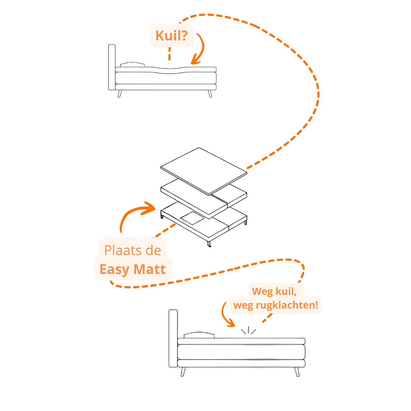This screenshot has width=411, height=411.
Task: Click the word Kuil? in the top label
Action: click(172, 35)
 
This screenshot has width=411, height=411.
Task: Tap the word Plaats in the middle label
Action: click(123, 250)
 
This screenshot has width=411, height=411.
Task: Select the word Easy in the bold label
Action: click(115, 270)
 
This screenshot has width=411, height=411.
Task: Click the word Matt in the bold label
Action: click(150, 269)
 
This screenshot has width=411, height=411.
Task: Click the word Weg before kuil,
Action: click(262, 291)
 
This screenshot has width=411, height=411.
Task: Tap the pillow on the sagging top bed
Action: click(133, 64)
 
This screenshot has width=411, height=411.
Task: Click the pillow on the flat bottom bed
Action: click(199, 335)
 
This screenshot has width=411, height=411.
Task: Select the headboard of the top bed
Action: click(112, 67)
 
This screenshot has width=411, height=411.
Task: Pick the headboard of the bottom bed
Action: click(173, 339)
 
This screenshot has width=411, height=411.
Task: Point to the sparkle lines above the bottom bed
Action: click(248, 331)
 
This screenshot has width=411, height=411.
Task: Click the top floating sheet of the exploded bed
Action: click(204, 171)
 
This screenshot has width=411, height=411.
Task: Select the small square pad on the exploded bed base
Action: click(192, 218)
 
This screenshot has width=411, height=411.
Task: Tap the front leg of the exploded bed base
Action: click(209, 244)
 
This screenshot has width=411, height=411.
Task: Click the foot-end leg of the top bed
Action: click(210, 94)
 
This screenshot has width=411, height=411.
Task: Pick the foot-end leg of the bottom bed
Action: click(297, 372)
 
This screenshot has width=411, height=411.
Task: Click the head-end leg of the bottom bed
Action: click(183, 372)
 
